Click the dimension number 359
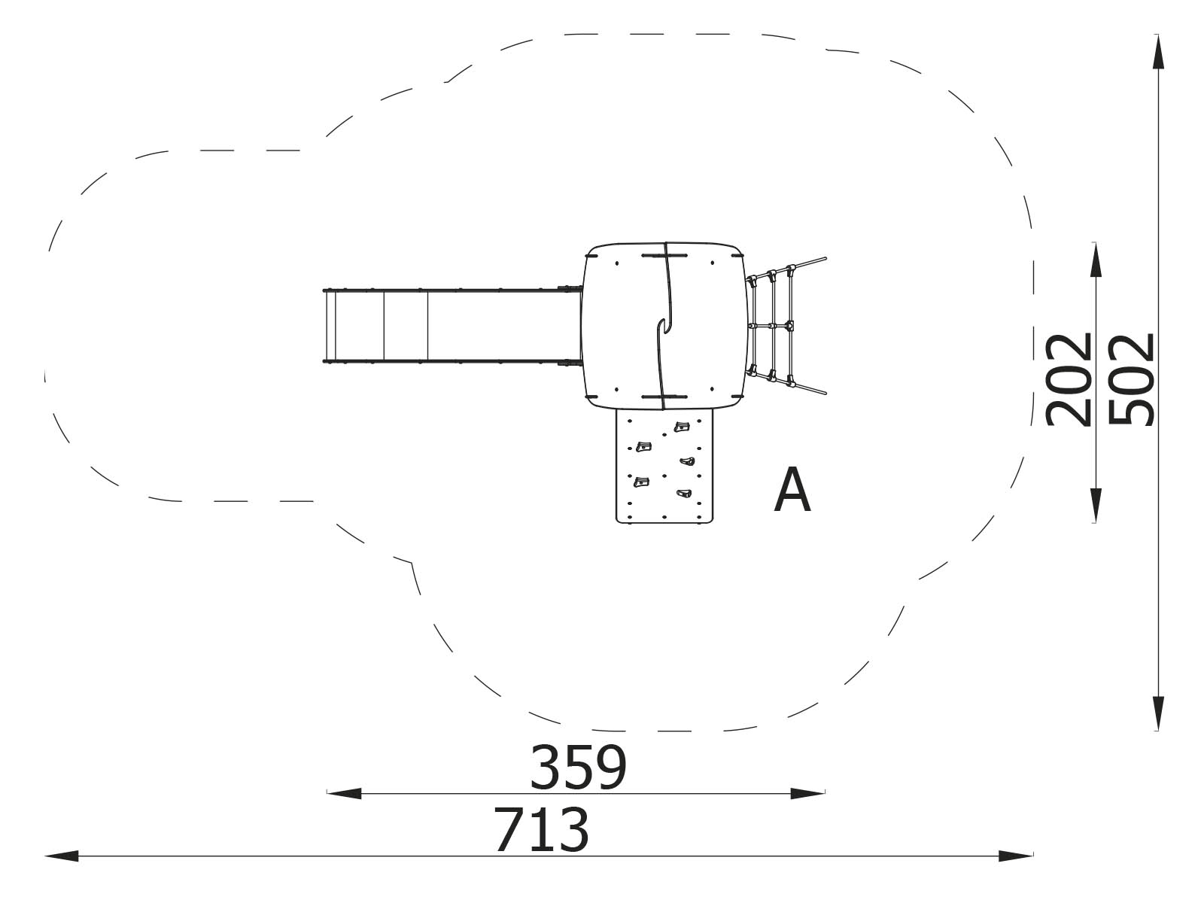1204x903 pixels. (x=577, y=767)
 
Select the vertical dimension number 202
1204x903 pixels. (x=1069, y=379)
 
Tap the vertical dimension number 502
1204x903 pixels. (x=1131, y=379)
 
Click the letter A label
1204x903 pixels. (x=792, y=490)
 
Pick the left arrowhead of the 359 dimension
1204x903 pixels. (x=345, y=793)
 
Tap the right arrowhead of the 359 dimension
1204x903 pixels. (x=807, y=793)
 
